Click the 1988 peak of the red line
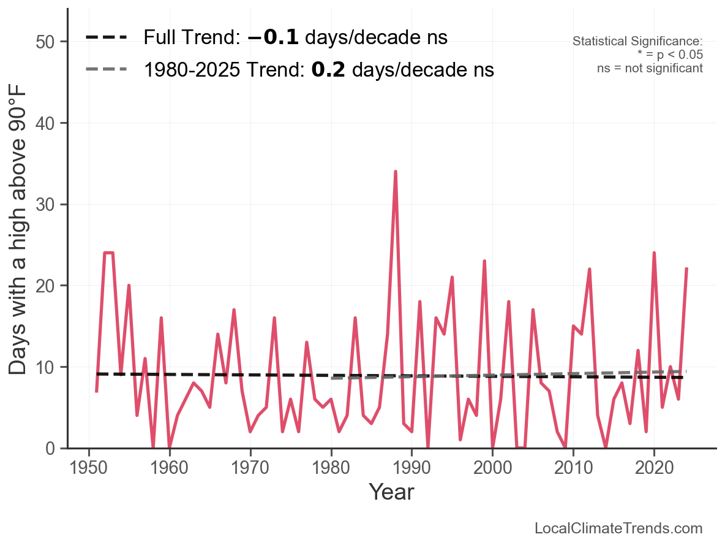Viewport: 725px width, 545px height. pos(396,172)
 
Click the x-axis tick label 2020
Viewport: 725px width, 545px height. pos(654,468)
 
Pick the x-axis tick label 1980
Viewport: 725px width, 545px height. pos(331,468)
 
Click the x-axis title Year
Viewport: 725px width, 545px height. pos(391,492)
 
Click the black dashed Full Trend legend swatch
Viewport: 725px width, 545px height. pos(106,37)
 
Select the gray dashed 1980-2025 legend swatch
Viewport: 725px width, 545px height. pos(106,69)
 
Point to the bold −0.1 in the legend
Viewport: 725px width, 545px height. pos(273,37)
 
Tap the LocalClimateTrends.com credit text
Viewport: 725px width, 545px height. pos(618,528)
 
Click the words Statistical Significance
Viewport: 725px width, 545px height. pos(637,41)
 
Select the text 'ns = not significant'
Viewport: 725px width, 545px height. pos(650,68)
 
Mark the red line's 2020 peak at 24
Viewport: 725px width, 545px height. pos(654,253)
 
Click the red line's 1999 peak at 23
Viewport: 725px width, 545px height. pos(484,261)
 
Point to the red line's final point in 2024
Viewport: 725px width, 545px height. pos(686,269)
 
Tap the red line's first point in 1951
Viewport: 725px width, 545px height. pos(97,391)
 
